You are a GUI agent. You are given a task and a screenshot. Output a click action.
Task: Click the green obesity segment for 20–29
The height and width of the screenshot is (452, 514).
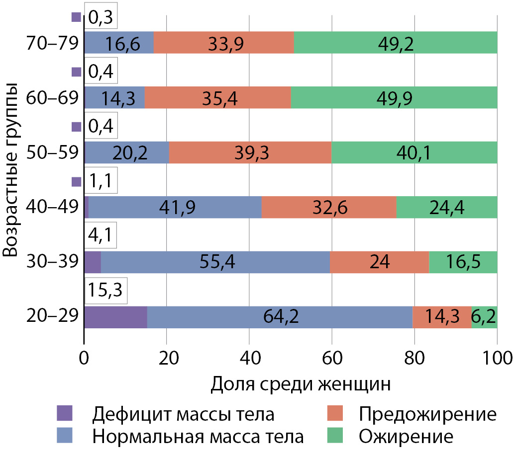click(x=484, y=317)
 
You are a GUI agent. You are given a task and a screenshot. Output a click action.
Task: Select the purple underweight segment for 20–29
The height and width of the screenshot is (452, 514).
click(x=115, y=317)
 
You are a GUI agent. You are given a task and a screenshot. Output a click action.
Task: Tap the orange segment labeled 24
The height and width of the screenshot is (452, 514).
click(x=379, y=262)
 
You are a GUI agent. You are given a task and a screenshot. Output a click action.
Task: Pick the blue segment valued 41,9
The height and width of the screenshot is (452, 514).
click(x=175, y=207)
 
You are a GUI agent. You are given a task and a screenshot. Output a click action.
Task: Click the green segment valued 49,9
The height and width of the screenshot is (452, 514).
click(x=394, y=97)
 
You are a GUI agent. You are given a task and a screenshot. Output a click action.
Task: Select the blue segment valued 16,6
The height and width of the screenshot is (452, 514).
click(x=118, y=43)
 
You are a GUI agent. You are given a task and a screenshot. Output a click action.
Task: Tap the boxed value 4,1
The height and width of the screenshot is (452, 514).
click(x=101, y=236)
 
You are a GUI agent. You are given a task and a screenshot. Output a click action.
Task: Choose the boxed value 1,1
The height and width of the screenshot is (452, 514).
click(x=101, y=182)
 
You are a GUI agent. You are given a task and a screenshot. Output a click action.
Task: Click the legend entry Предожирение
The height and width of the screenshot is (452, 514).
click(x=427, y=414)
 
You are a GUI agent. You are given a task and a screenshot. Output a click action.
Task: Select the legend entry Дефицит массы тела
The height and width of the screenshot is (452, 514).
click(x=183, y=414)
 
